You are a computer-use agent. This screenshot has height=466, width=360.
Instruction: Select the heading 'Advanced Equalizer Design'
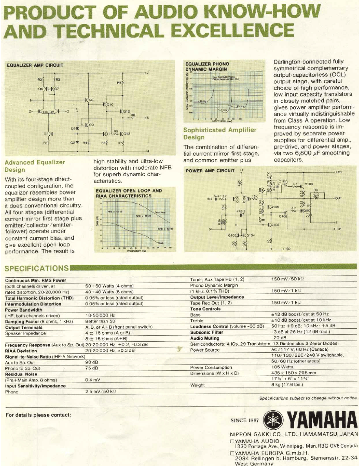35,166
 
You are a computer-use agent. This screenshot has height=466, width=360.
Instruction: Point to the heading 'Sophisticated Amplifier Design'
220,133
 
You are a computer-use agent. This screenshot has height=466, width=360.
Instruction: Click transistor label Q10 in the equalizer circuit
109,104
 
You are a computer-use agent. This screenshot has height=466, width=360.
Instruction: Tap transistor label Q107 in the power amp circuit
283,181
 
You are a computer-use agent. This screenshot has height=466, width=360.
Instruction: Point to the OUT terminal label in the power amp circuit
338,198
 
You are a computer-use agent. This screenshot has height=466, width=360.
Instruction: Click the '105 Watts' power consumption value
282,368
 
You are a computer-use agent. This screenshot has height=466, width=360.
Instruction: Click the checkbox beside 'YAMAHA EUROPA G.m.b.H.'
232,453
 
